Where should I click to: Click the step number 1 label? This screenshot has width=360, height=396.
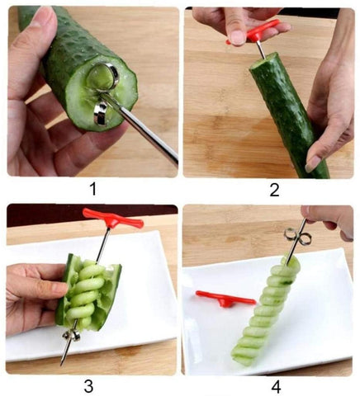coord(93,190)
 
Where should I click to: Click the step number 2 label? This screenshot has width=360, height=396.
coord(274,190)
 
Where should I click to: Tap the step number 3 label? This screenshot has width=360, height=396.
coord(88,386)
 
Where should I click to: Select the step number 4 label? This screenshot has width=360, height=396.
coord(276,387)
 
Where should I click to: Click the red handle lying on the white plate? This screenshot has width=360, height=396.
coord(225,299)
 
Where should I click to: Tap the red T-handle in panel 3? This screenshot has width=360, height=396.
coord(113,218)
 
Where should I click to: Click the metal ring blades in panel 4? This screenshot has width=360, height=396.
coord(297,237)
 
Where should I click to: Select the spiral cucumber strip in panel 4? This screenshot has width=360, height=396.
coord(264,309)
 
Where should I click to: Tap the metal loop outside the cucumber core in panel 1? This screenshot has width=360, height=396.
coord(101,113)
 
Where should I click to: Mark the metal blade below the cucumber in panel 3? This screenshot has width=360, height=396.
coord(72,335)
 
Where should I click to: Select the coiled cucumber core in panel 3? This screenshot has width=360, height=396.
coord(84,295)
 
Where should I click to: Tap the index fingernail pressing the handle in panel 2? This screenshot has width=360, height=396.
coord(236,37)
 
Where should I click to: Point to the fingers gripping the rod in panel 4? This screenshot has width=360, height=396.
coord(330,221)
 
